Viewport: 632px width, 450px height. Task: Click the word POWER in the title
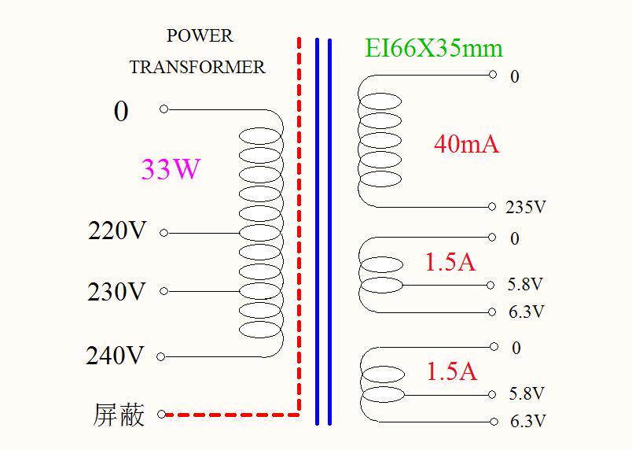click(200, 36)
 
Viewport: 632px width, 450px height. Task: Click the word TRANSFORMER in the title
click(197, 68)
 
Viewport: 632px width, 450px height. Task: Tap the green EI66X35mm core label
click(433, 49)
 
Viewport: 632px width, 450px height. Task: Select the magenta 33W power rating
click(171, 169)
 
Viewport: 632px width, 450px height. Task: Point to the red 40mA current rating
click(466, 144)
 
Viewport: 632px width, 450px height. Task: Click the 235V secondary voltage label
click(525, 208)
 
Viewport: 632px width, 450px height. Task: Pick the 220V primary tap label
click(117, 232)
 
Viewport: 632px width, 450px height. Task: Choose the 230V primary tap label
click(117, 292)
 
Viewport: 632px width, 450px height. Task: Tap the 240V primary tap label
click(116, 356)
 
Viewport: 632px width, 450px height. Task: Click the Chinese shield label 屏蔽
click(119, 415)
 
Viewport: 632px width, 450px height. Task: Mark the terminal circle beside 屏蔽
click(162, 414)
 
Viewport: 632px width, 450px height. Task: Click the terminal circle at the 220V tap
click(164, 233)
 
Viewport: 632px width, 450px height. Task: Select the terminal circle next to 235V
click(492, 207)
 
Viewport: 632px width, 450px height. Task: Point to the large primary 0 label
click(120, 112)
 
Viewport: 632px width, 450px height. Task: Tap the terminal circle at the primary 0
click(164, 109)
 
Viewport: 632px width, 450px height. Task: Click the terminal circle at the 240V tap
click(161, 356)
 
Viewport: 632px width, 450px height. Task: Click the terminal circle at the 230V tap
click(164, 291)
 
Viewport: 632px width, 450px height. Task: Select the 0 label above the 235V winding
click(515, 77)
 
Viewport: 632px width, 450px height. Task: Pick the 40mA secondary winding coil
click(379, 140)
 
